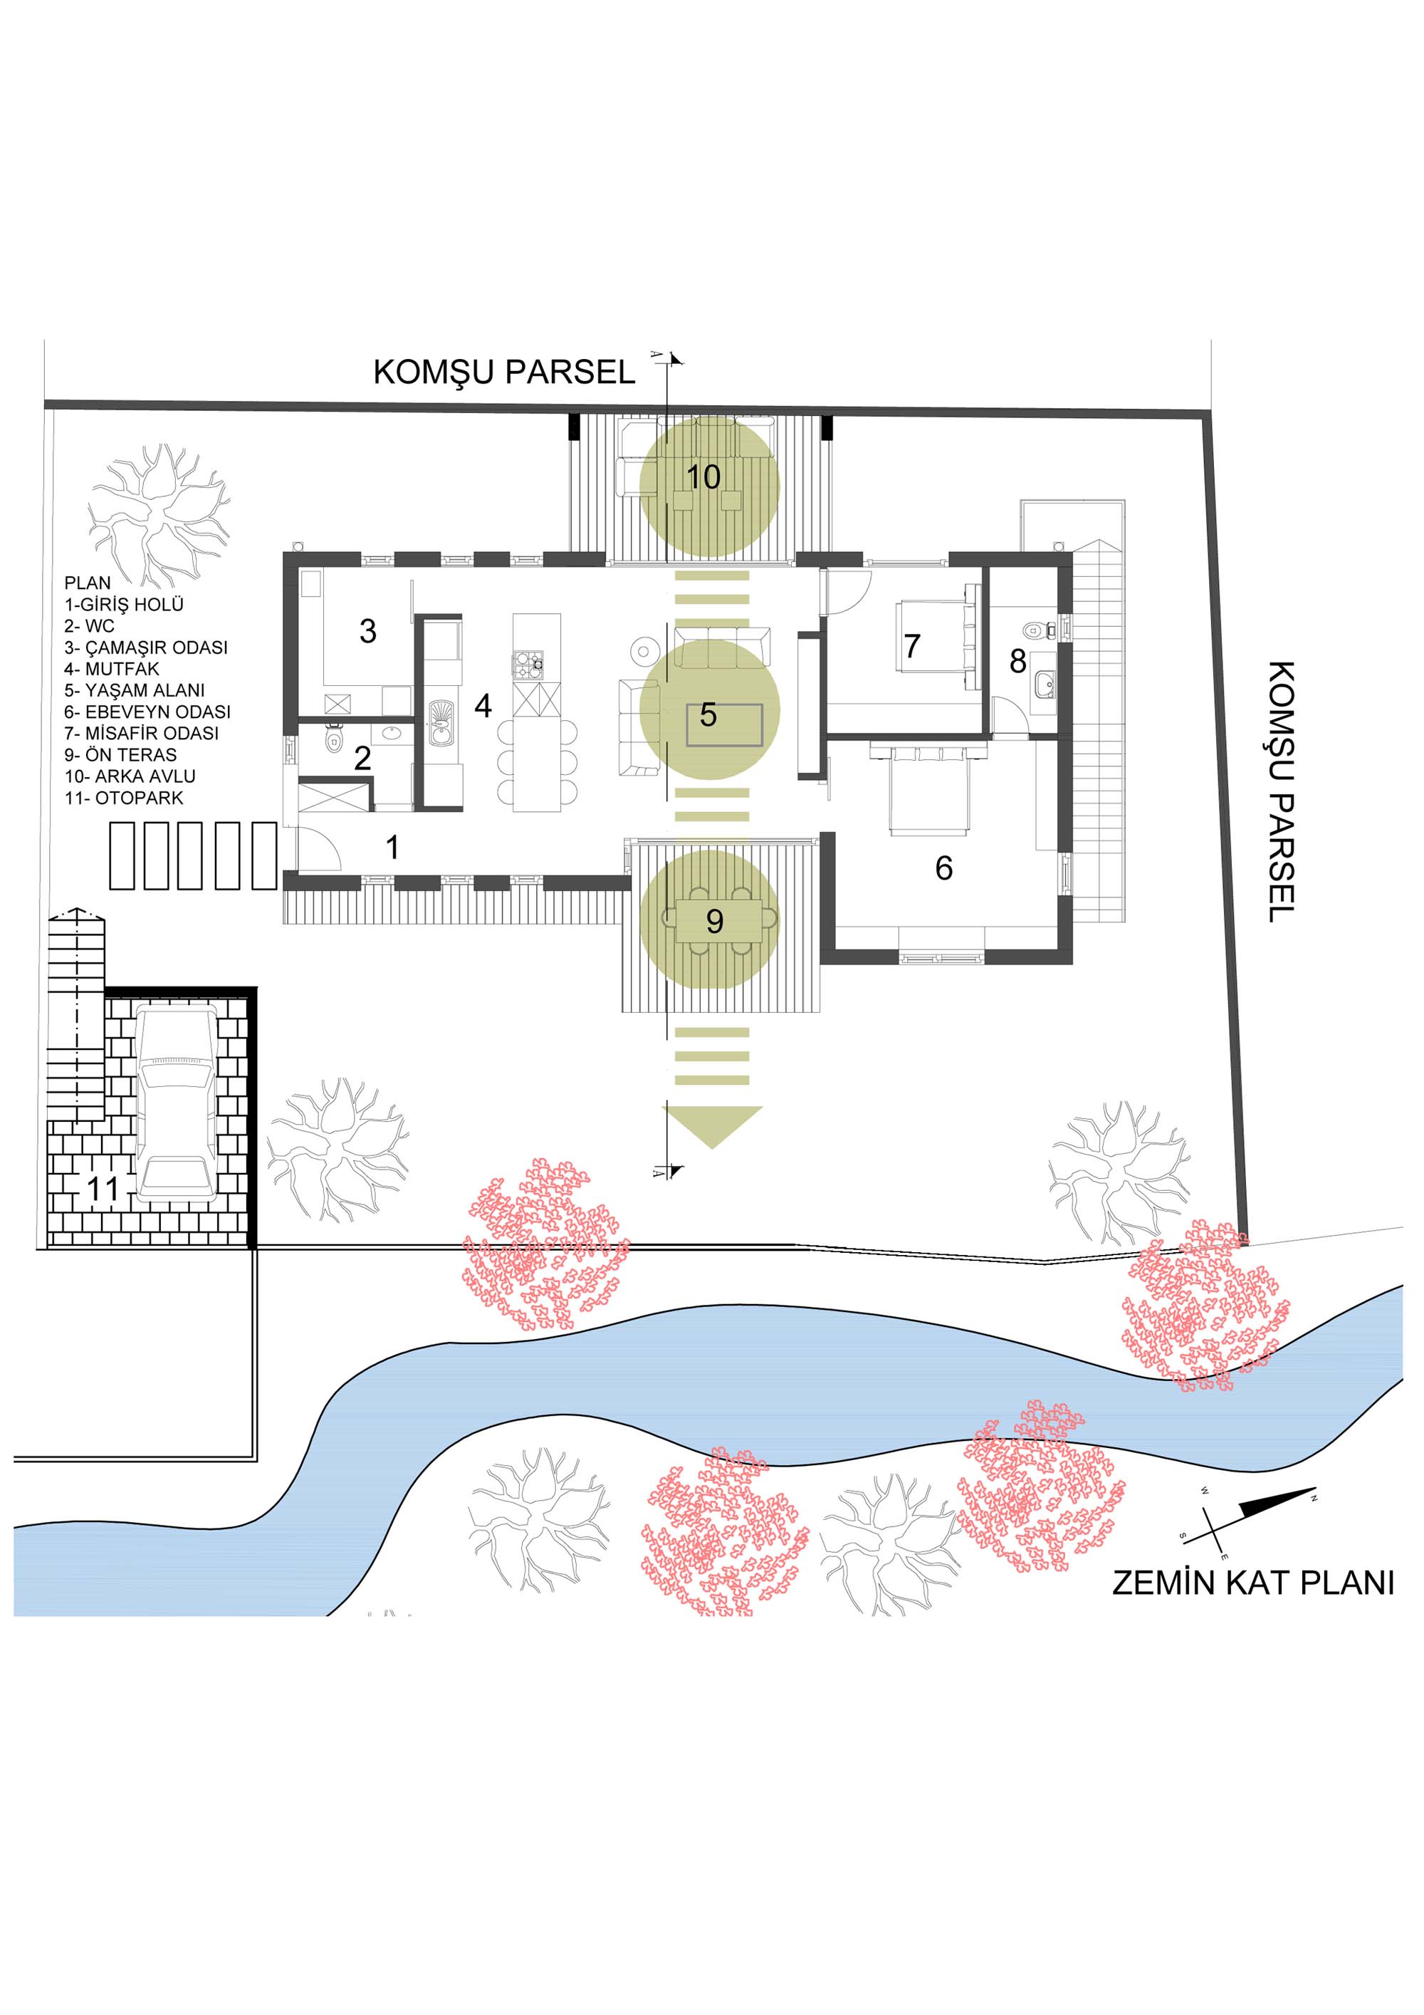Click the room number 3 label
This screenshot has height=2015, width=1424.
click(367, 631)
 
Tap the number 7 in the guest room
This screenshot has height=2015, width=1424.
click(913, 646)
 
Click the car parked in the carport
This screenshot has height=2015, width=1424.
click(177, 1103)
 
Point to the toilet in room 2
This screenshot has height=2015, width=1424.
click(333, 741)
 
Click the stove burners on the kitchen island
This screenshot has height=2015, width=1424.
click(528, 665)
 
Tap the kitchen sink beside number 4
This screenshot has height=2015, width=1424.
click(441, 722)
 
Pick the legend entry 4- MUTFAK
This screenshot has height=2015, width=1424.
click(112, 669)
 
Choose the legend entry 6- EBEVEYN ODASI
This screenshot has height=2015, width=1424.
click(147, 712)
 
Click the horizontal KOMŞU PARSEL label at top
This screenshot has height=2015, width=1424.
click(505, 372)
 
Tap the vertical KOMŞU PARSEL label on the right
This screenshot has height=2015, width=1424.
click(1282, 791)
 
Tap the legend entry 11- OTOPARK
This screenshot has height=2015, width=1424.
click(124, 798)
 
